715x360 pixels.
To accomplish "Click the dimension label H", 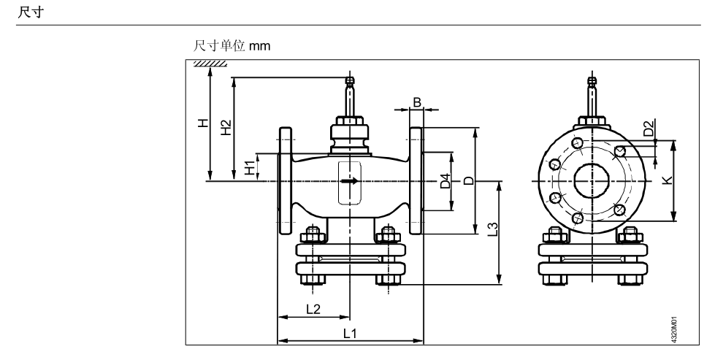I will [204, 124].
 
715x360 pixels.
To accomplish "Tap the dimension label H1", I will [250, 167].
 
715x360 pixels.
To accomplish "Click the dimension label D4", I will [444, 182].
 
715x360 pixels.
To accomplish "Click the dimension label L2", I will [313, 308].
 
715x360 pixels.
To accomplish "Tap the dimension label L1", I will [350, 332].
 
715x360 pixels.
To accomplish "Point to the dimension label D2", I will [648, 129].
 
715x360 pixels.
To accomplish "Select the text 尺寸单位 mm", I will [232, 45].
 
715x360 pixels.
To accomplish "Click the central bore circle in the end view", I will [588, 180].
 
